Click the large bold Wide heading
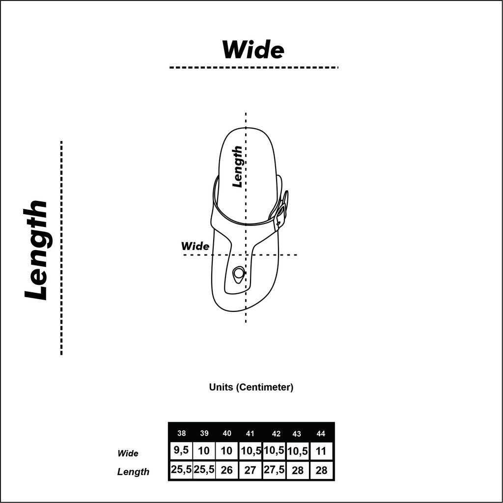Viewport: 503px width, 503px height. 253,50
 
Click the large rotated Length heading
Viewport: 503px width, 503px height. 36,250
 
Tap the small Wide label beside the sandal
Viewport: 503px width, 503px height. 195,246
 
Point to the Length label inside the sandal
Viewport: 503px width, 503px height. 237,167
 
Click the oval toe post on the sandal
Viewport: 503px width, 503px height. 238,274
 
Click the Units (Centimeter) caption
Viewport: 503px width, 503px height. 251,387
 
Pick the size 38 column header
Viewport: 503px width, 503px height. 182,433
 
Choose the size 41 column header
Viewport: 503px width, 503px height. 250,434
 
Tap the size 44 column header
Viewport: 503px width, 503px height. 321,434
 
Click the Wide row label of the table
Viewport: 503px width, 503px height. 128,453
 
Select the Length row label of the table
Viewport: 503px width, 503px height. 133,472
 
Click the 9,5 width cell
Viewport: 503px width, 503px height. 181,450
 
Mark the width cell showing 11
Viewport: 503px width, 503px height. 321,451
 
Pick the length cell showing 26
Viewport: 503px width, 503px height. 226,470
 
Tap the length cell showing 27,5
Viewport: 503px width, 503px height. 274,470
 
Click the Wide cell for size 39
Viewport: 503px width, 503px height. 204,451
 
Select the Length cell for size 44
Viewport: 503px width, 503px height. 321,470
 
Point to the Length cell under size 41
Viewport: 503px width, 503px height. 250,470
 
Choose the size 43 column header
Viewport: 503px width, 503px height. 297,434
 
